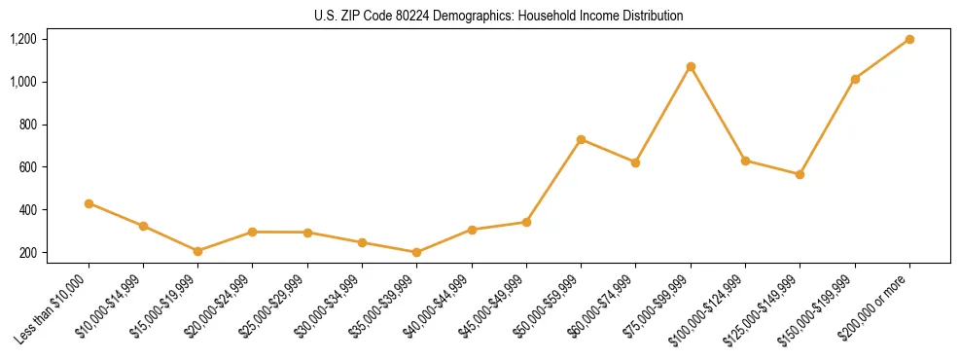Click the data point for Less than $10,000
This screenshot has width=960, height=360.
coord(89,203)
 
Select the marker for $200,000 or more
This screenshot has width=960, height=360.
coord(909,39)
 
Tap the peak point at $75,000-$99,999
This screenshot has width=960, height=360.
coord(691,66)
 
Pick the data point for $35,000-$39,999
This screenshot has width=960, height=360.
coord(416,252)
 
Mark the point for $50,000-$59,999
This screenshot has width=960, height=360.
coord(581,139)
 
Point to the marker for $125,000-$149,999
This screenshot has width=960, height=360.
coord(800,174)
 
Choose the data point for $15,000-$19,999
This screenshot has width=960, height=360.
coord(197,251)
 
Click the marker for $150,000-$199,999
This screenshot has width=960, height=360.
coord(855,79)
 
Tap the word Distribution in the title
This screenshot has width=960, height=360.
coord(654,17)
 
